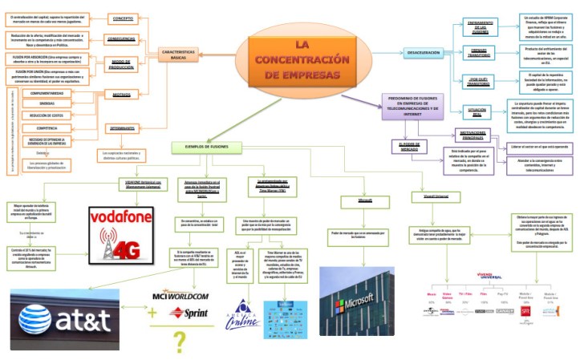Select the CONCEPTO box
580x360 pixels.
[x=123, y=18]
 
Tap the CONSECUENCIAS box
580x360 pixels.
[x=120, y=38]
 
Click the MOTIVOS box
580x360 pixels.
[x=120, y=94]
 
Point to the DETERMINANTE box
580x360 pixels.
[x=122, y=128]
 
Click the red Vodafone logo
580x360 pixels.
[x=119, y=196]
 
